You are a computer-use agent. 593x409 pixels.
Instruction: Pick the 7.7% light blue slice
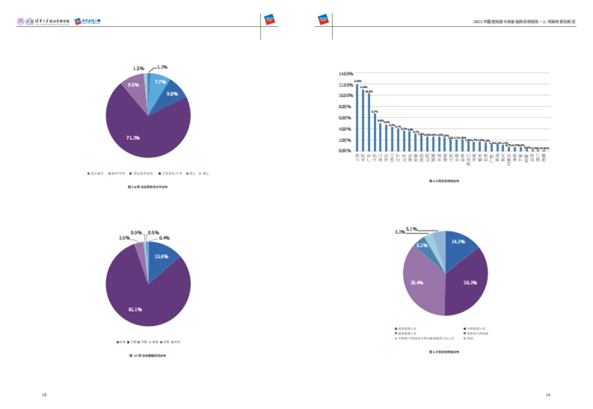(x=159, y=82)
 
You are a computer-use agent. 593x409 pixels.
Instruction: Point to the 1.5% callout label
(x=139, y=69)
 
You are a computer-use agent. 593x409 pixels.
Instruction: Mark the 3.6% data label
(x=125, y=238)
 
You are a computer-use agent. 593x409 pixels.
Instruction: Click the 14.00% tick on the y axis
(x=344, y=74)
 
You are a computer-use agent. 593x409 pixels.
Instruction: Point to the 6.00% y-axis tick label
(x=344, y=118)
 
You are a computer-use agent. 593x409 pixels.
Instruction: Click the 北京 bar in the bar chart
(x=363, y=120)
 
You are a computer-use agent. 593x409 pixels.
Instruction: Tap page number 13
(x=44, y=395)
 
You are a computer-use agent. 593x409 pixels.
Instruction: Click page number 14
(x=548, y=395)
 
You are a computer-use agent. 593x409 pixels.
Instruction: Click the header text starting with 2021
(x=524, y=22)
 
